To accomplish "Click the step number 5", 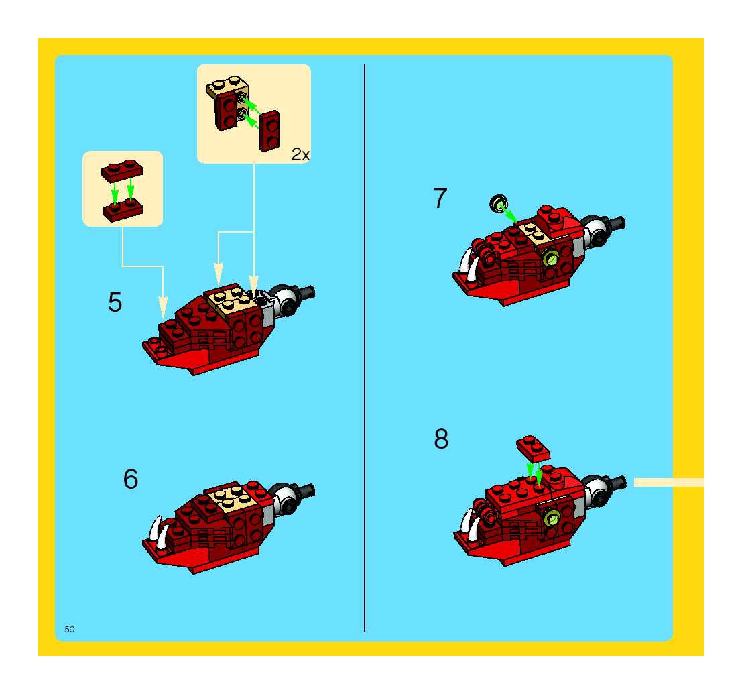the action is pyautogui.click(x=115, y=302).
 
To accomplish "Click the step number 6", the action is pyautogui.click(x=131, y=479).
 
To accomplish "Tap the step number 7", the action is pyautogui.click(x=440, y=198).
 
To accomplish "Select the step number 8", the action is pyautogui.click(x=441, y=439).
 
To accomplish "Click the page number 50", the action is pyautogui.click(x=70, y=629).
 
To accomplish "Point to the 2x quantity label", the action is pyautogui.click(x=301, y=154).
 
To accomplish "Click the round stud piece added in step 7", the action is pyautogui.click(x=498, y=204).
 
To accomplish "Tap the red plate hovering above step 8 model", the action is pyautogui.click(x=533, y=449).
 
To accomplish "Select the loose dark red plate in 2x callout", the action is pyautogui.click(x=269, y=131).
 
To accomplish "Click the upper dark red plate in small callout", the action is pyautogui.click(x=122, y=171).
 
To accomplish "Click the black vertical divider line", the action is pyautogui.click(x=365, y=348).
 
